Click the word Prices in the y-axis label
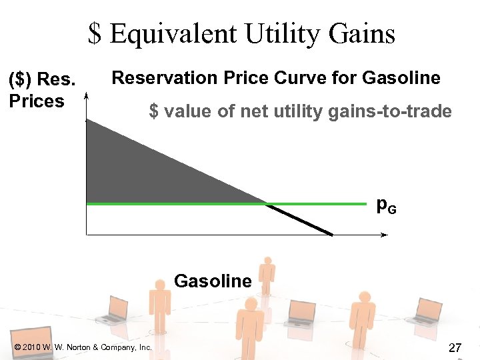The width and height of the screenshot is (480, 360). pyautogui.click(x=36, y=101)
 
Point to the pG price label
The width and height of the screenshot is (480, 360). pyautogui.click(x=386, y=206)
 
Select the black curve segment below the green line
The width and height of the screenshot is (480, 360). pyautogui.click(x=300, y=219)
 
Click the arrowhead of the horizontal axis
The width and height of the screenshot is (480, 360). pyautogui.click(x=384, y=235)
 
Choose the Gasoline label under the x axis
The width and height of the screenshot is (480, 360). pyautogui.click(x=213, y=281)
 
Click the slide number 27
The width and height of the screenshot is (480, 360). pyautogui.click(x=456, y=347)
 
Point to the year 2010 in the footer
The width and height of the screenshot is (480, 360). pyautogui.click(x=31, y=347)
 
